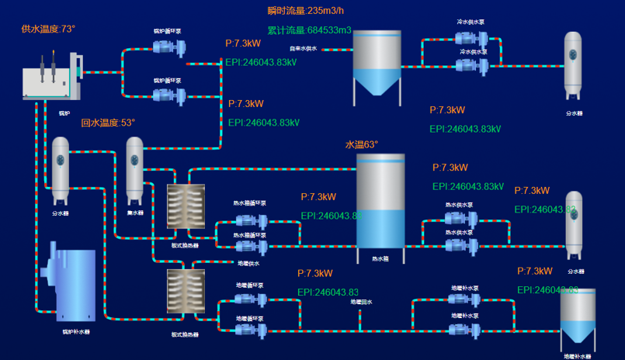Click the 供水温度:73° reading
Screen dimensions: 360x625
coord(48,29)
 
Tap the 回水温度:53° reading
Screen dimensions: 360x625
coord(108,123)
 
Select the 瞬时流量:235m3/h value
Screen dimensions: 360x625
coord(305,11)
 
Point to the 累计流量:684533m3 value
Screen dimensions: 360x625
coord(309,30)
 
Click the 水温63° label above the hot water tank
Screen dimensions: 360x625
coord(361,144)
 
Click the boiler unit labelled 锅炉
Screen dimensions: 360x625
coord(51,78)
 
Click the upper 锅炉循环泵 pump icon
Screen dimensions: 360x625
coord(168,47)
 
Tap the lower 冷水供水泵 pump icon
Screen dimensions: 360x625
coord(471,66)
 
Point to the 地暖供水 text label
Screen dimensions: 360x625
coord(248,264)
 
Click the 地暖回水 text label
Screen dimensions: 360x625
coord(361,302)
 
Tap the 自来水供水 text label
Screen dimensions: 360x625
coord(303,48)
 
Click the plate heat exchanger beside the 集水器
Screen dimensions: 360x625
coord(186,206)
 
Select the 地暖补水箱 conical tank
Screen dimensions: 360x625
coord(578,317)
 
